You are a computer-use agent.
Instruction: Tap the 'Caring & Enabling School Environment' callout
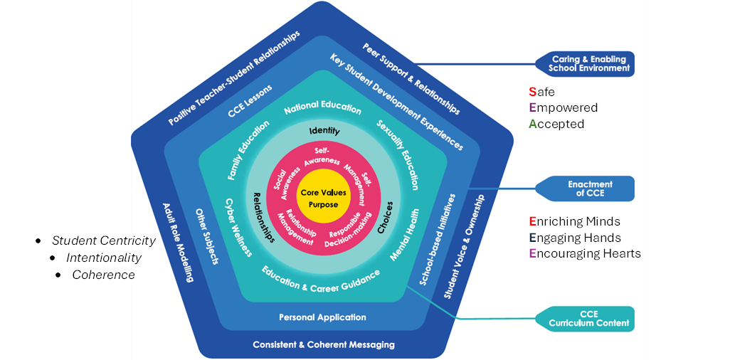(589, 64)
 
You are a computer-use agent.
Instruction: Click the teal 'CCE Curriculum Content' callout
(588, 319)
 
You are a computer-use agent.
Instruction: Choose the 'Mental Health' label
(406, 234)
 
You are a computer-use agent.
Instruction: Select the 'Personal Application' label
(322, 317)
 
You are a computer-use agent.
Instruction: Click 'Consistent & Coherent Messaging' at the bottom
(323, 345)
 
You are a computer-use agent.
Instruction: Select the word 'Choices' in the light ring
(384, 219)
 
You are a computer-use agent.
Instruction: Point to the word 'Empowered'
(563, 108)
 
